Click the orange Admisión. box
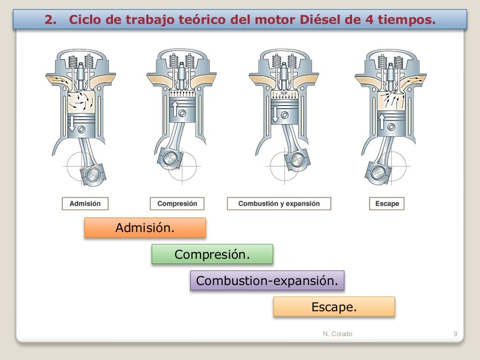tap(145, 228)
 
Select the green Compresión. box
tap(212, 254)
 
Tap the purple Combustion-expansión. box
tap(267, 281)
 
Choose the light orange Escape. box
tap(334, 307)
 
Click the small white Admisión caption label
tap(85, 203)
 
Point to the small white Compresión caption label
tap(177, 203)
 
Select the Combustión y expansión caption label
tap(279, 203)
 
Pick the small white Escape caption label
tap(387, 203)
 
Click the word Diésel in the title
tap(312, 20)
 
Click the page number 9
tap(455, 334)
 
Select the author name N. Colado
tap(337, 334)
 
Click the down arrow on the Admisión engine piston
tap(72, 124)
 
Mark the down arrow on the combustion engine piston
tap(275, 114)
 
